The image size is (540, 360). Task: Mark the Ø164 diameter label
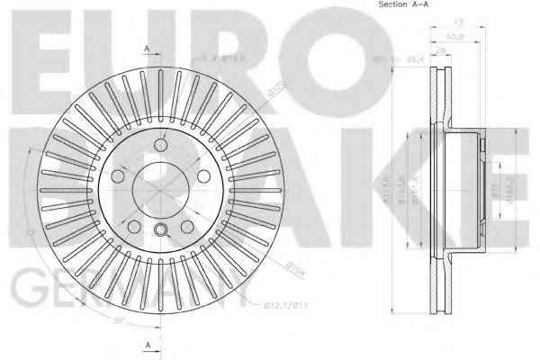[296, 265]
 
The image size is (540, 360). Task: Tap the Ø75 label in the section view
[493, 191]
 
